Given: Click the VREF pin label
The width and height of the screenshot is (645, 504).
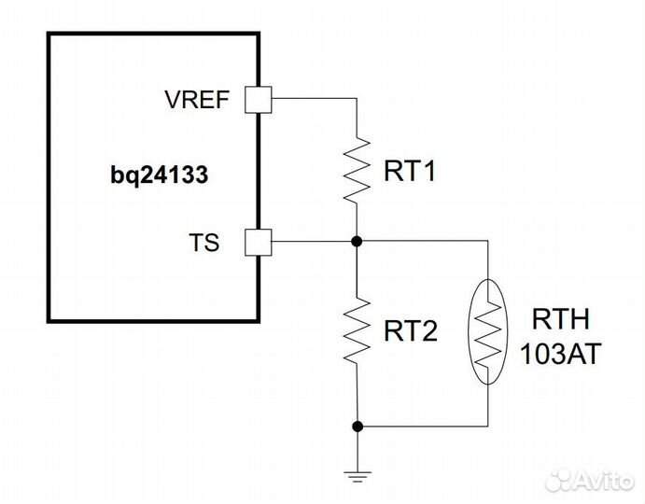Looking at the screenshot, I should (197, 100).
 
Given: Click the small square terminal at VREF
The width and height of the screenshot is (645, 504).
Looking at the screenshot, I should (257, 100).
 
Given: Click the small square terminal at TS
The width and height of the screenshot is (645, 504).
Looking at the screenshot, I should (257, 243).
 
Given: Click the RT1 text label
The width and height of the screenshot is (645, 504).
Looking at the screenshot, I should (410, 173).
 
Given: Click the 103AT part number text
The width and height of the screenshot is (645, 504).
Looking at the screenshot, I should (561, 354).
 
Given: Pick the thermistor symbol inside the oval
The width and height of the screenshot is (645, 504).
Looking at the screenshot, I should (489, 333).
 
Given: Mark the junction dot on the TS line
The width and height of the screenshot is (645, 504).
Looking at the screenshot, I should (357, 242).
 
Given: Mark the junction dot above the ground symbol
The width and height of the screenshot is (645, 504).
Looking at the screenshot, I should (357, 427).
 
